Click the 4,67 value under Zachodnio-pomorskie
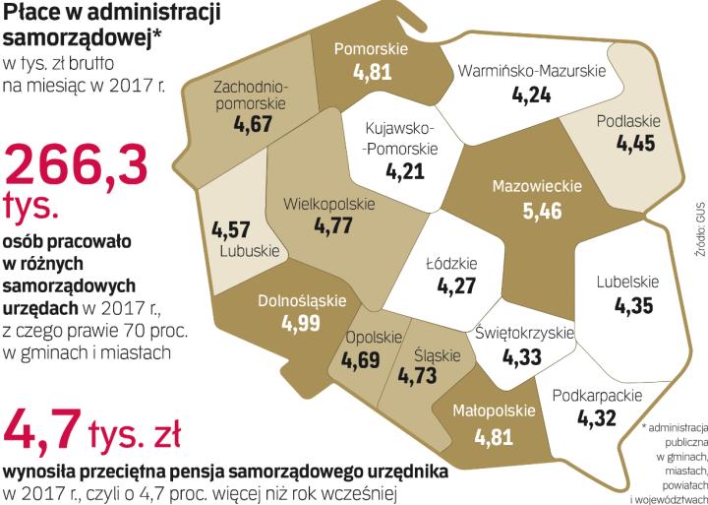click(x=253, y=126)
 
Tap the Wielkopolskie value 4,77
click(x=332, y=226)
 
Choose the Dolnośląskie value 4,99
click(x=301, y=324)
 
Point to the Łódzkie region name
click(x=451, y=264)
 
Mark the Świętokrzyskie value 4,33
click(x=523, y=355)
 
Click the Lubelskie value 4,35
click(x=633, y=306)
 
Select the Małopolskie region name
click(x=494, y=410)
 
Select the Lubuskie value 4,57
click(x=232, y=228)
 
